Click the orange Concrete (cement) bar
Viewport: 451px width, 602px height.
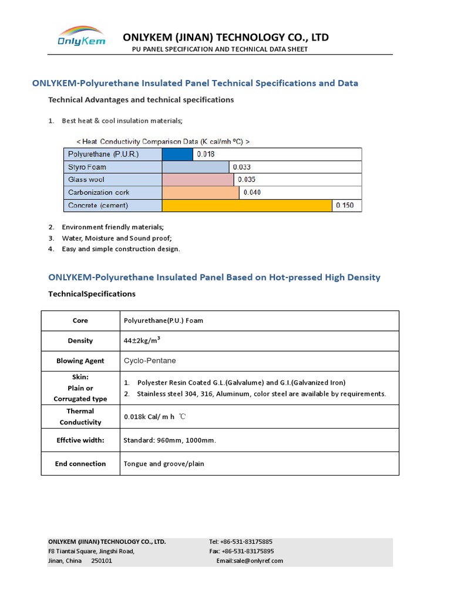(247, 205)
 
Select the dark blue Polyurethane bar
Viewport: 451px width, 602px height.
(177, 154)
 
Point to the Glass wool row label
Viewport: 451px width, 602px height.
(86, 180)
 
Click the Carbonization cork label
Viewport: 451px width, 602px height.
(99, 193)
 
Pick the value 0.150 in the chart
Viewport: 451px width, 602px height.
(344, 205)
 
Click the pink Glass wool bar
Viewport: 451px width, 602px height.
(198, 180)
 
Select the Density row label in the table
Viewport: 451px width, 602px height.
(80, 340)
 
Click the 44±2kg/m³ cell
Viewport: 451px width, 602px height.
(141, 340)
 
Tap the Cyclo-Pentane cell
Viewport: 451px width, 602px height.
(150, 360)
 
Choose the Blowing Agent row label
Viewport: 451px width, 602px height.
(80, 361)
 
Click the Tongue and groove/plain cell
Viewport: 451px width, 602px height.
(164, 464)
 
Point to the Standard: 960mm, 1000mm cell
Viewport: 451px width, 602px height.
(166, 440)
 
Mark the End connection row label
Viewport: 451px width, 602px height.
(80, 464)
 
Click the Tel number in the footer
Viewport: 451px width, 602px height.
(241, 541)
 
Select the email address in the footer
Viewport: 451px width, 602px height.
(250, 561)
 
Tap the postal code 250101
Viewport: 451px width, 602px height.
(102, 561)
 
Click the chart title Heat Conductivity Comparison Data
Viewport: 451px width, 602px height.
(163, 142)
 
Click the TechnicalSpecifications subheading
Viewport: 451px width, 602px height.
(92, 294)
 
